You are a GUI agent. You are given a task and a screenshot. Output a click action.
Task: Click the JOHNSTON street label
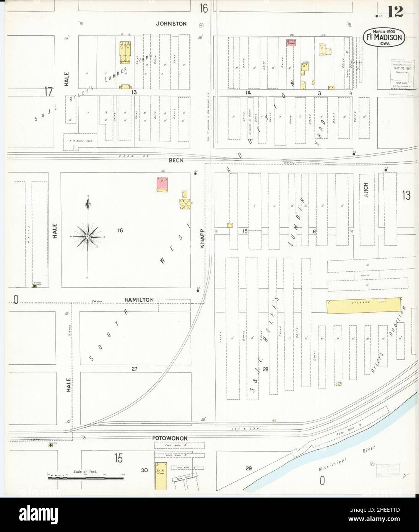171,24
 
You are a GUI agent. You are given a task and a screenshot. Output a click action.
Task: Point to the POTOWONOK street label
168,438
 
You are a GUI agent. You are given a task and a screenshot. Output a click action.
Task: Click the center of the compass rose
88,237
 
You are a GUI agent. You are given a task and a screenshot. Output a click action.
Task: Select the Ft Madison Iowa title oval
383,38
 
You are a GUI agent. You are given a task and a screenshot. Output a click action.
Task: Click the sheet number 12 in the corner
395,13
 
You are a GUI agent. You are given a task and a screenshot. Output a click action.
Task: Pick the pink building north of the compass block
162,184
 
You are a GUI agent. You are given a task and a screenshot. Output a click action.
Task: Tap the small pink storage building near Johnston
292,43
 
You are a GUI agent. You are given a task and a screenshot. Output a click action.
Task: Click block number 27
134,369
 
